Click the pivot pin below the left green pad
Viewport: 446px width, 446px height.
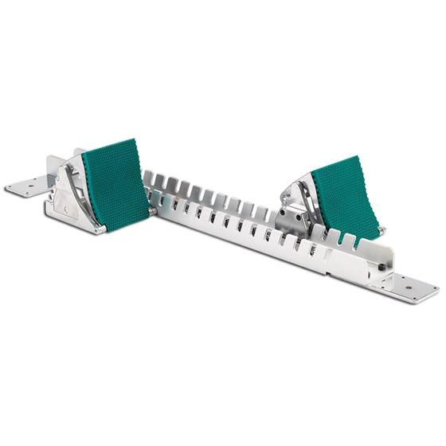click(x=151, y=212)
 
